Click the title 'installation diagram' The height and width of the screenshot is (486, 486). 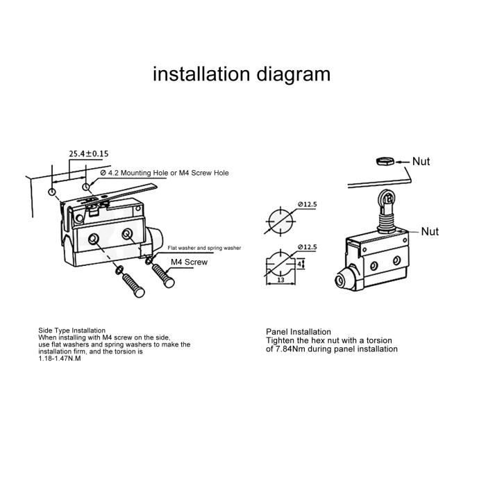pyautogui.click(x=242, y=74)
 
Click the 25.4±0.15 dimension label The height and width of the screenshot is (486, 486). pyautogui.click(x=89, y=153)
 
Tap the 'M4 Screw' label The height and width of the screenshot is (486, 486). pyautogui.click(x=189, y=262)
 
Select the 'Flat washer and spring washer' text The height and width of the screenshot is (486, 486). pyautogui.click(x=204, y=248)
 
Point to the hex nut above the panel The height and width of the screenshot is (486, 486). pyautogui.click(x=385, y=161)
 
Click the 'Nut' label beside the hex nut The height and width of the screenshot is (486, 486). pyautogui.click(x=421, y=162)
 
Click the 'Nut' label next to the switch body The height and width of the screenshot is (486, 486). pyautogui.click(x=430, y=231)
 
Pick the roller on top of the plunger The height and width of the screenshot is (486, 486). pyautogui.click(x=386, y=196)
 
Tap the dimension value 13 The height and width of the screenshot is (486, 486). pyautogui.click(x=280, y=280)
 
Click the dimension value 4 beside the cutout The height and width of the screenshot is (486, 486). pyautogui.click(x=299, y=264)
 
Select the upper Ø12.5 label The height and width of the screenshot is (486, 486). pyautogui.click(x=308, y=204)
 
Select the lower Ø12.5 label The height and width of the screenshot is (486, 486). pyautogui.click(x=308, y=247)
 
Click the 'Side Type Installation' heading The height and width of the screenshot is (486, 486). pyautogui.click(x=72, y=330)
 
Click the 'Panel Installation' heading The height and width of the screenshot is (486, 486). pyautogui.click(x=299, y=332)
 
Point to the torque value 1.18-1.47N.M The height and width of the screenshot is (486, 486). pyautogui.click(x=60, y=359)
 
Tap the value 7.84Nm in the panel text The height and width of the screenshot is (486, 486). pyautogui.click(x=288, y=349)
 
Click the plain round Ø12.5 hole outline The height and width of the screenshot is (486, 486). pyautogui.click(x=280, y=221)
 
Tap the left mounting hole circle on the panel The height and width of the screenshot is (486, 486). pyautogui.click(x=52, y=192)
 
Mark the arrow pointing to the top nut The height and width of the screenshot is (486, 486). pyautogui.click(x=403, y=162)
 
